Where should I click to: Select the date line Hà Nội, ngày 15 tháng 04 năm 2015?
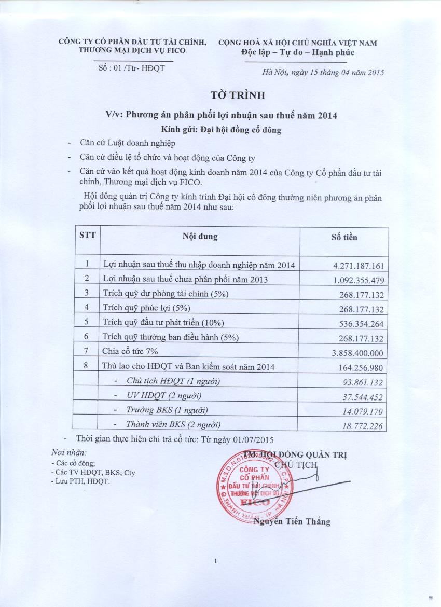point(323,73)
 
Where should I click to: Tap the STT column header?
point(87,237)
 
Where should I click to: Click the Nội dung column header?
point(200,237)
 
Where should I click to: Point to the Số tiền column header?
point(344,237)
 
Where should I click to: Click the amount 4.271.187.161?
point(359,266)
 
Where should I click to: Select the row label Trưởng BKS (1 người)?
point(167,410)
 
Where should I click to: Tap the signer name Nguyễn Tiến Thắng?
point(292,522)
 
